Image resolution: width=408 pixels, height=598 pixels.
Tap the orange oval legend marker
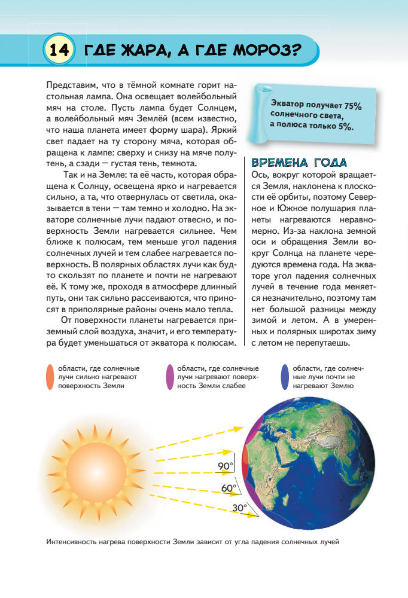50,377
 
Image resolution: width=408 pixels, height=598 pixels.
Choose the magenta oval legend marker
170,377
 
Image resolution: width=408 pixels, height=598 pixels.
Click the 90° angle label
225,465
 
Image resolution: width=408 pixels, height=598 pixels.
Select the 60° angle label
229,488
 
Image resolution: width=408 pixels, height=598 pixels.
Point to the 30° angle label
239,508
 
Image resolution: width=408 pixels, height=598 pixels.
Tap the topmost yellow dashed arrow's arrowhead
239,428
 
